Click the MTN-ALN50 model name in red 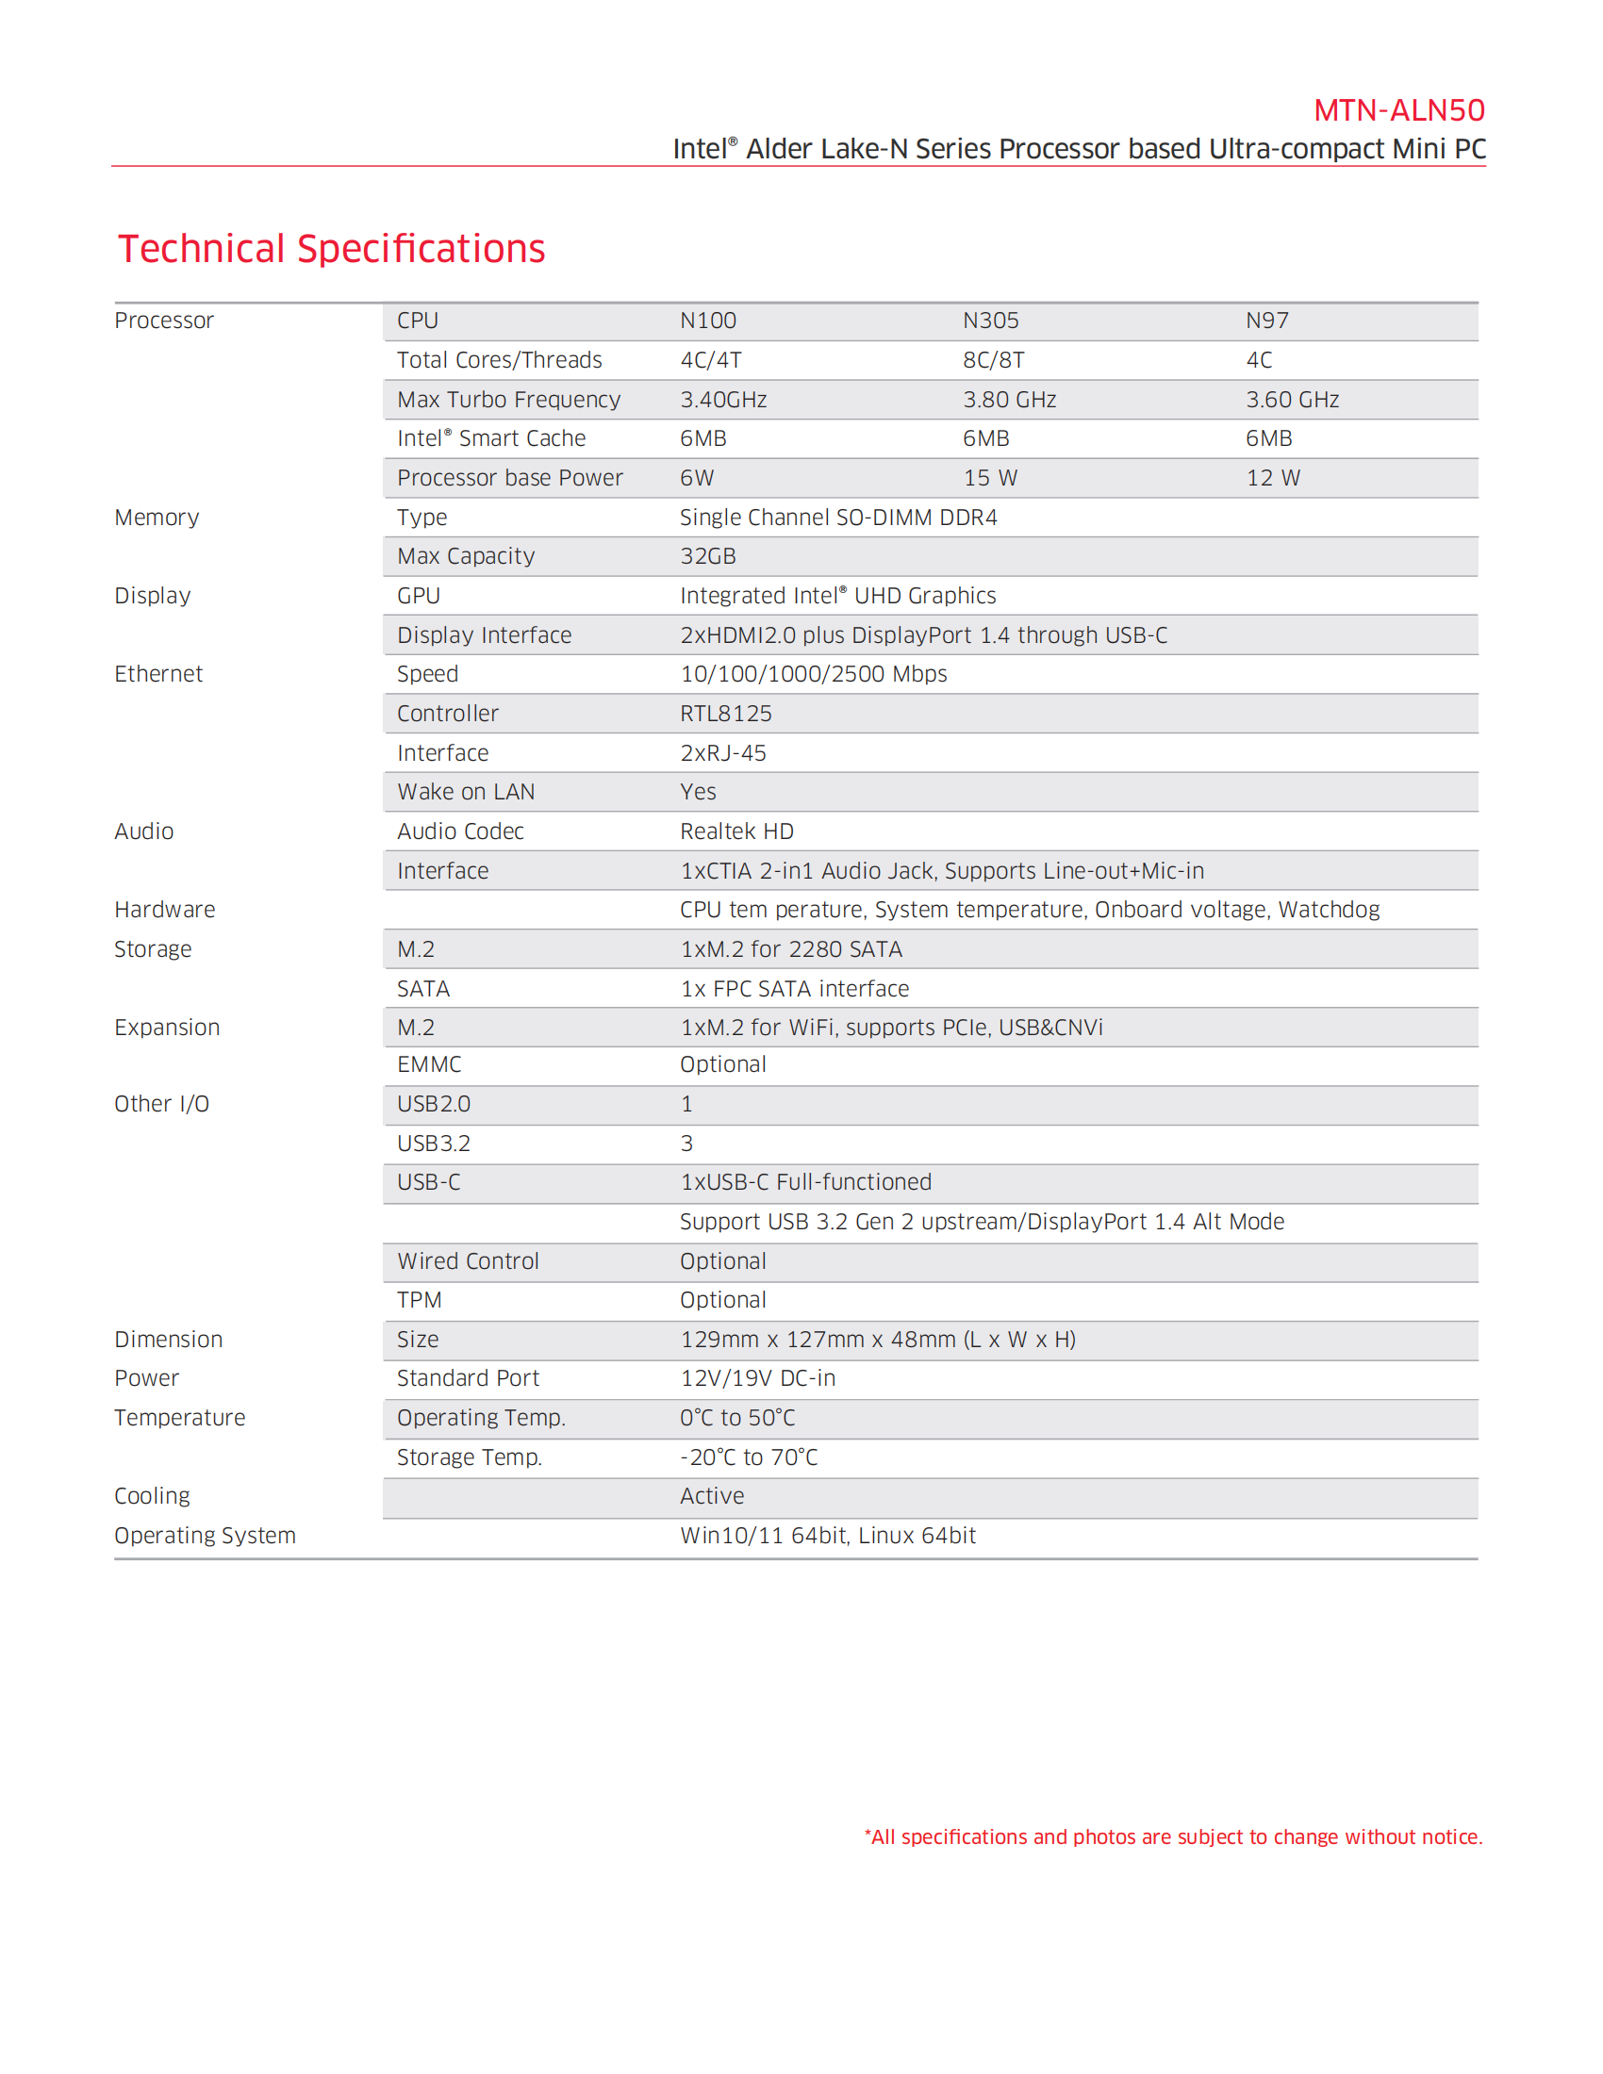1397,111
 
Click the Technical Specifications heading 331,249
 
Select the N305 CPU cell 990,321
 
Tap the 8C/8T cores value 993,361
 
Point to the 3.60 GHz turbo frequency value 1292,400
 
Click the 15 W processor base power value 989,479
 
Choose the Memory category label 157,518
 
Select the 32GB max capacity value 707,556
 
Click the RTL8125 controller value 725,715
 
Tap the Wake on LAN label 465,792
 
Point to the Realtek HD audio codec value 736,831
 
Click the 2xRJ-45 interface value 722,753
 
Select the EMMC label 429,1064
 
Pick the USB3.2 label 433,1144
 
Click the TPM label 419,1300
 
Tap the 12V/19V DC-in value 757,1378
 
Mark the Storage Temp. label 470,1457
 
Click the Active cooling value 711,1497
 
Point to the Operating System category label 206,1536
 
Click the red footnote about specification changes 1173,1836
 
